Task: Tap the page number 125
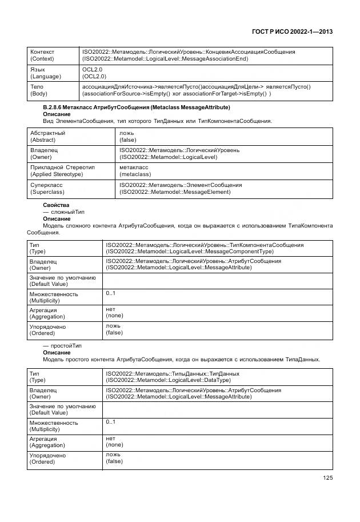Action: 327,478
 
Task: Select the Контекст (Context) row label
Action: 42,55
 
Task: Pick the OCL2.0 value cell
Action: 93,73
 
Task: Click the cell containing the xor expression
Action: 197,90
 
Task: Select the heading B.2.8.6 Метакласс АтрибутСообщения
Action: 137,107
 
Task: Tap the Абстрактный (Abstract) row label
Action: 47,136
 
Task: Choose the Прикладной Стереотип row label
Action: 62,170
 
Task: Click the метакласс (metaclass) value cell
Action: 135,170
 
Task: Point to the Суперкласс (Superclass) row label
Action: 47,189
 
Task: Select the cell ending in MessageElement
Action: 181,189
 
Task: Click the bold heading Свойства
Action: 56,205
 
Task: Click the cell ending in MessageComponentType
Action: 205,248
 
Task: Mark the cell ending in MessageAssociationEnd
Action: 189,55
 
